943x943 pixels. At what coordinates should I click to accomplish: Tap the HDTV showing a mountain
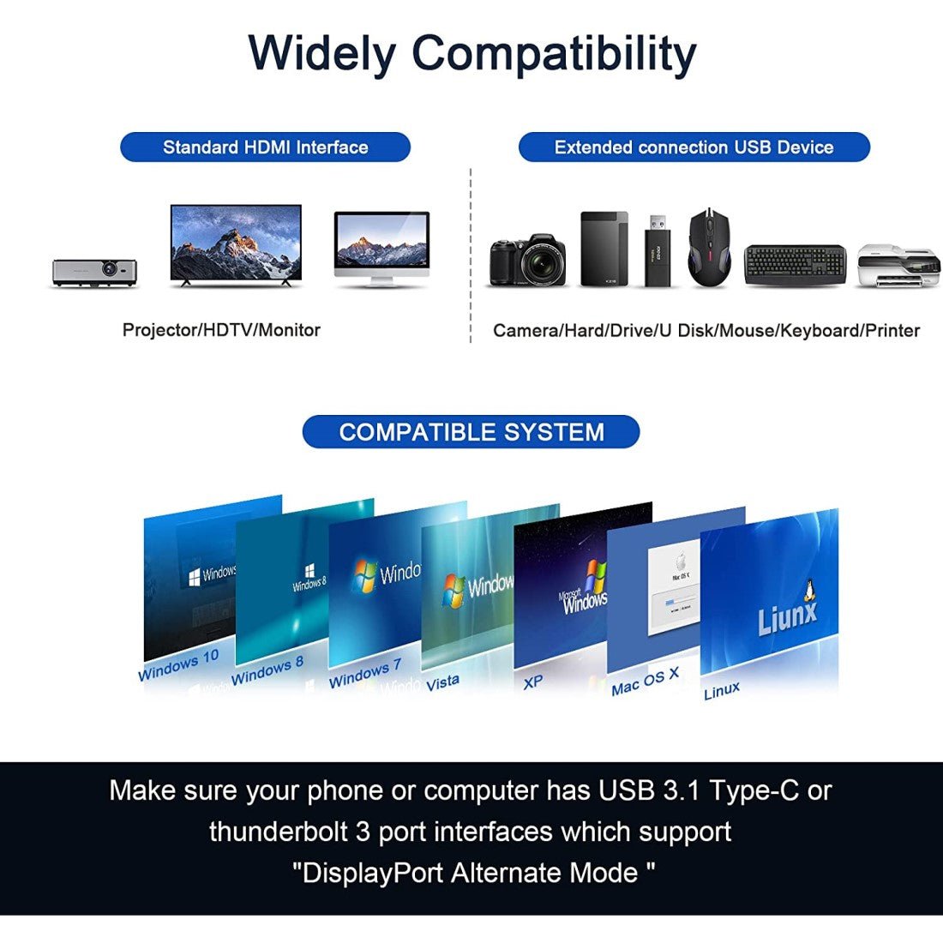coord(236,244)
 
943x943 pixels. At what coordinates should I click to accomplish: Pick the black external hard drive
coord(604,249)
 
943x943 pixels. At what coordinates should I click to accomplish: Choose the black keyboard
coord(796,266)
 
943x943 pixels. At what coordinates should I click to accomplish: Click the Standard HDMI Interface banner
coord(265,147)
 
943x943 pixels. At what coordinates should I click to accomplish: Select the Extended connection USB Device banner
coord(694,147)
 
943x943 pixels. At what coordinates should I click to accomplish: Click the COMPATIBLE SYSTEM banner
coord(471,432)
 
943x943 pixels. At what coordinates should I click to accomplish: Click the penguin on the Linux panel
coord(807,589)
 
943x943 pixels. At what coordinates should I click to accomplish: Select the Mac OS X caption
coord(645,682)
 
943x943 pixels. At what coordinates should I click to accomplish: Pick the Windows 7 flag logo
coord(365,576)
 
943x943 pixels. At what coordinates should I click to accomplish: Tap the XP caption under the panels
coord(532,682)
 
